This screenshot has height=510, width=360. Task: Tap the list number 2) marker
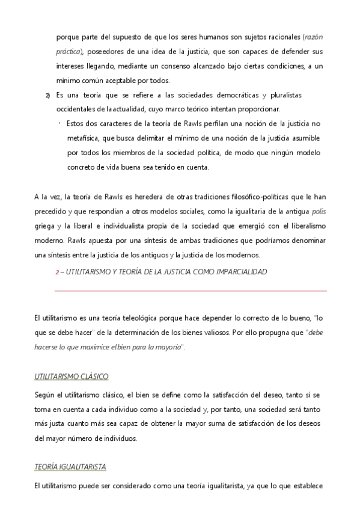(x=47, y=96)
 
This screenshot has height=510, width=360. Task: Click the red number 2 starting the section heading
(x=57, y=272)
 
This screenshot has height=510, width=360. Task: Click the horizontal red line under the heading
(x=191, y=291)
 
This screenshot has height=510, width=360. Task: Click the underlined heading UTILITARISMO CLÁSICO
(x=72, y=377)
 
